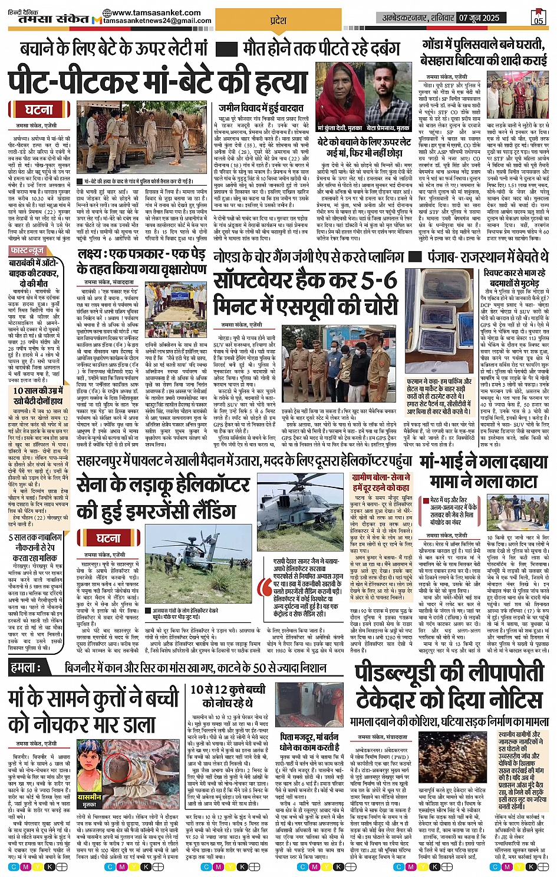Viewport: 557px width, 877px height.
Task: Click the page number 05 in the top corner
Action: coord(538,20)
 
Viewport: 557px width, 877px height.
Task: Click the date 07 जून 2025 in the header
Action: coord(479,18)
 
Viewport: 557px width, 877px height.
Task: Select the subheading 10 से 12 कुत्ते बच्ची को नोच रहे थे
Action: coord(228,695)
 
